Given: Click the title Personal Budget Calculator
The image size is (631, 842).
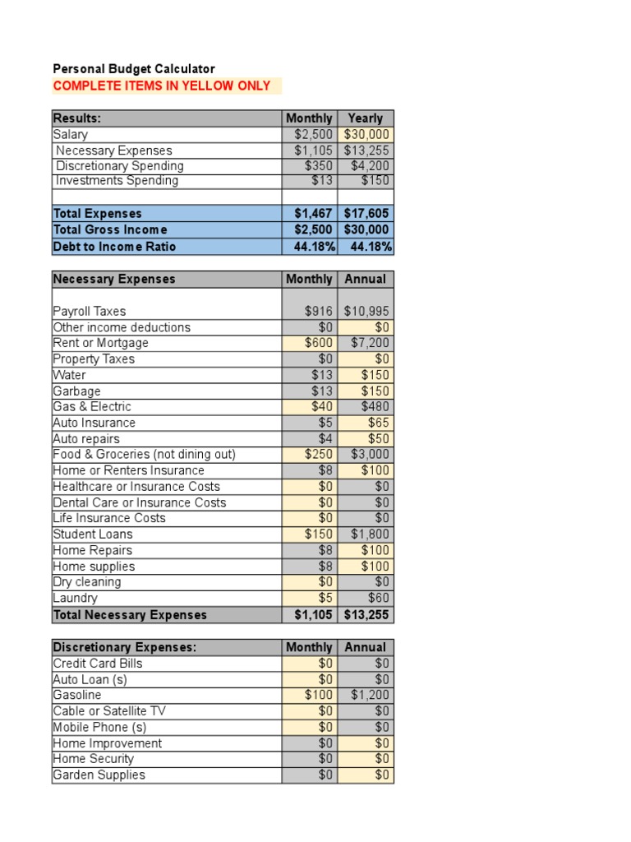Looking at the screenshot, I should click(134, 69).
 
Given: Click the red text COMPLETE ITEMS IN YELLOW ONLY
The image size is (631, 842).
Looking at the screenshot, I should click(162, 86).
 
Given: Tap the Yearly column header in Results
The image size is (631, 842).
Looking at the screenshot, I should click(365, 118).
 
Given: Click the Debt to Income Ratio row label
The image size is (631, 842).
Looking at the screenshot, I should click(114, 247).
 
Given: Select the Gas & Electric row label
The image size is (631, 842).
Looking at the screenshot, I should click(92, 407).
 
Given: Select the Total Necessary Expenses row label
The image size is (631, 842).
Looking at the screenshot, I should click(130, 615).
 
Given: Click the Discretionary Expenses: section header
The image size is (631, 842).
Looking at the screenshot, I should click(125, 647).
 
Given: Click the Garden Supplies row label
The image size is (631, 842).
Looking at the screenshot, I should click(99, 775).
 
